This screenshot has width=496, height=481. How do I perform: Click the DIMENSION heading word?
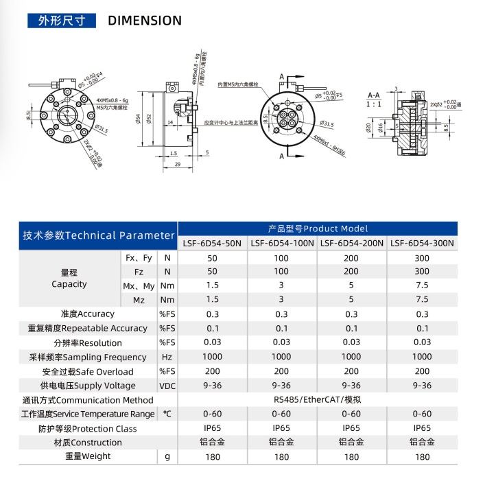point(145,21)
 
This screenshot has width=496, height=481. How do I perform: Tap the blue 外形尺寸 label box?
point(61,21)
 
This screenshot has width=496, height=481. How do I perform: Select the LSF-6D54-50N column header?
point(211,243)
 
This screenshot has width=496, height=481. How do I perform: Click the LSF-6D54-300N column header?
point(422,243)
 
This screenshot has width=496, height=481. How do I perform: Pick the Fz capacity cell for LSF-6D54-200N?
point(351,272)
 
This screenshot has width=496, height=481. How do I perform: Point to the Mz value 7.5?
point(422,300)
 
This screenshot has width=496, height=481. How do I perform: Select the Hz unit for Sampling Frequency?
point(167,357)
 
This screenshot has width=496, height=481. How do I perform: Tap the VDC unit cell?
point(167,386)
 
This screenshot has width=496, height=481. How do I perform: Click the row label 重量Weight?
point(88,456)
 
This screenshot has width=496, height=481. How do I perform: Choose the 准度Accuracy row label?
point(87,314)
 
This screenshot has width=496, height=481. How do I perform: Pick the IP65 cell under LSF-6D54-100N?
point(281,428)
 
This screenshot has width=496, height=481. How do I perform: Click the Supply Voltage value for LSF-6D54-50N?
point(212,386)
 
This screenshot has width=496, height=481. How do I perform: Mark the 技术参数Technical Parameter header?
point(98,235)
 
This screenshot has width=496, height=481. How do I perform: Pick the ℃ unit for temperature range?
point(167,414)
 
